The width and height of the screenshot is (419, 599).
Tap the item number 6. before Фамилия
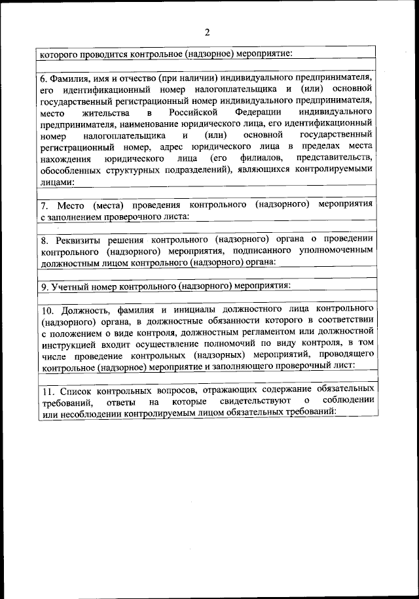coord(45,77)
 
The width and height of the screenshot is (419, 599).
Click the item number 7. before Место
coord(45,205)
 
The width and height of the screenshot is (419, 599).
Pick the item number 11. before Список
coord(47,389)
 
